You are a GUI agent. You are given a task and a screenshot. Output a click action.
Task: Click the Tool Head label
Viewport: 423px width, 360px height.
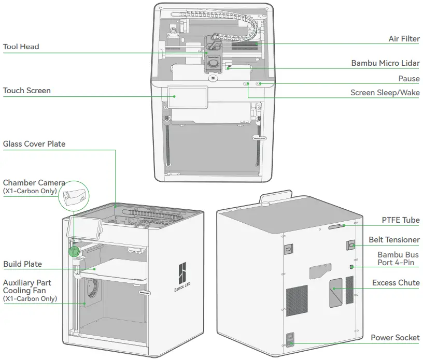pos(21,47)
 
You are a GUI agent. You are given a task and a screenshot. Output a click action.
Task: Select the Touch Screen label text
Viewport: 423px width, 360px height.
pos(27,91)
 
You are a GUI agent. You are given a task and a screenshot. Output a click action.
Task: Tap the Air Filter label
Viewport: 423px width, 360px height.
pos(404,39)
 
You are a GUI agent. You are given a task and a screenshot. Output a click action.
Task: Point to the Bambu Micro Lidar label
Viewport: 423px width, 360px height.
pos(385,63)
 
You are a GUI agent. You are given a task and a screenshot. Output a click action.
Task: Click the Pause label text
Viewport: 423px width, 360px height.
pos(408,79)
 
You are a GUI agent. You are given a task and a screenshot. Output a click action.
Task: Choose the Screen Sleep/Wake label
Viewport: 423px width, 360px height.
pos(385,93)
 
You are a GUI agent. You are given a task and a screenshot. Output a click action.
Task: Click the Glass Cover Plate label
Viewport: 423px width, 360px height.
pos(34,143)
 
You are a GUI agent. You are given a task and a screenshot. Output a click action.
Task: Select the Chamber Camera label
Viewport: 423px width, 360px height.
pos(34,183)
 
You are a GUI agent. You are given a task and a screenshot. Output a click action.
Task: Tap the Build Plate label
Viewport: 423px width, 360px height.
pos(22,264)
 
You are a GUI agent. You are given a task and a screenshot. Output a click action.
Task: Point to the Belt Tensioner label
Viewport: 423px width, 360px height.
pos(394,240)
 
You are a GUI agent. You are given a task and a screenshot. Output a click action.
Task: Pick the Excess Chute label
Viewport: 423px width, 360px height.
pos(396,283)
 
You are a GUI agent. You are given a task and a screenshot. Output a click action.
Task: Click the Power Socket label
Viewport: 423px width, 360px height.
pos(395,338)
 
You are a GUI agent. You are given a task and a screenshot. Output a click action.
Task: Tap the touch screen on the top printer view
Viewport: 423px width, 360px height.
pos(187,96)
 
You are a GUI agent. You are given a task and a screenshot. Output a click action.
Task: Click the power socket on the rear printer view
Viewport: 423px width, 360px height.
pos(291,340)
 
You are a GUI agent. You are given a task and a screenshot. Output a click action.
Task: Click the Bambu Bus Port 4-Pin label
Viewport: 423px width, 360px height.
pos(398,258)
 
